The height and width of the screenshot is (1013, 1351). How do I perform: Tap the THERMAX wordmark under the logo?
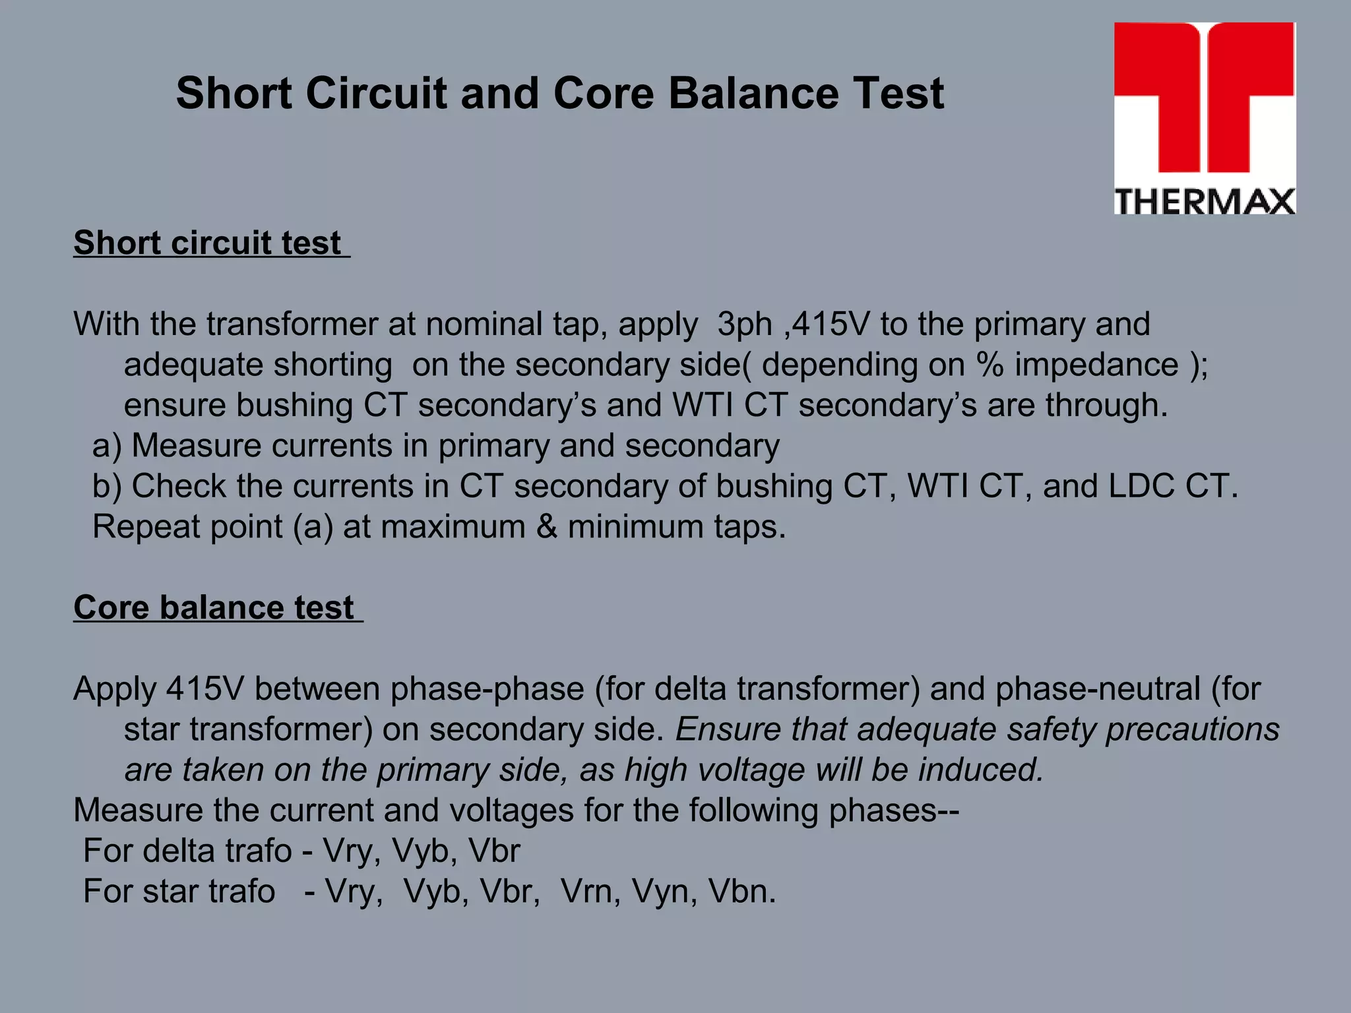(1205, 201)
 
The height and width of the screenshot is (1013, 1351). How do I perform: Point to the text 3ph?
(744, 324)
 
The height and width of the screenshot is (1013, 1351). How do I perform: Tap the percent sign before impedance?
(990, 365)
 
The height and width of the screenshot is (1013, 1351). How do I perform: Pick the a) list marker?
(107, 446)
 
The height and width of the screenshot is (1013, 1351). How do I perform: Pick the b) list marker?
(107, 486)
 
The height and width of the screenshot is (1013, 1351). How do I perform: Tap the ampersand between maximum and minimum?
(547, 527)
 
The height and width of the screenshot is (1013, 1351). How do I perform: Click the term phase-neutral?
(1098, 689)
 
